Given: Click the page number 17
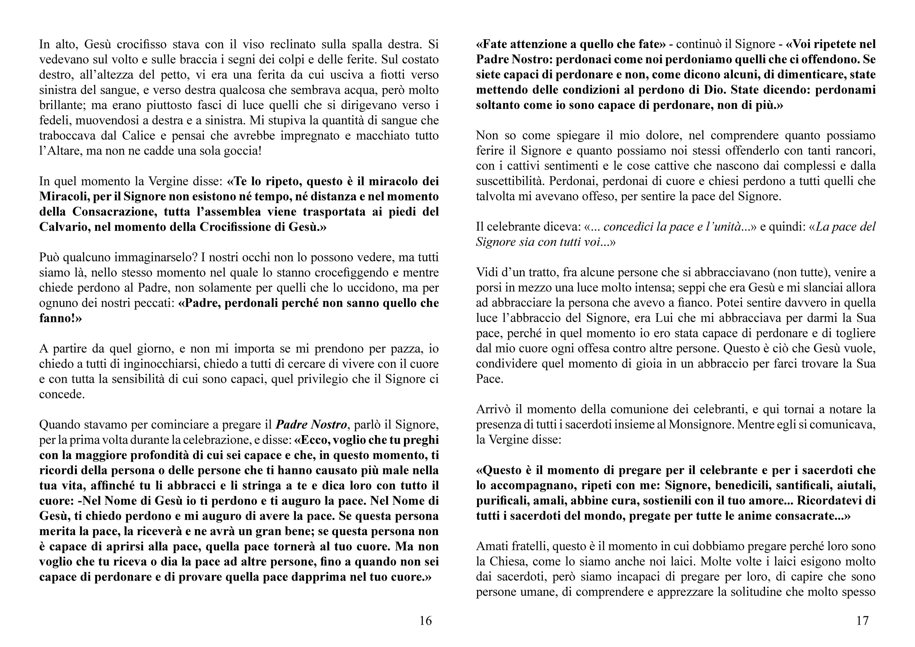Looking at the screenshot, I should [862, 621].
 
